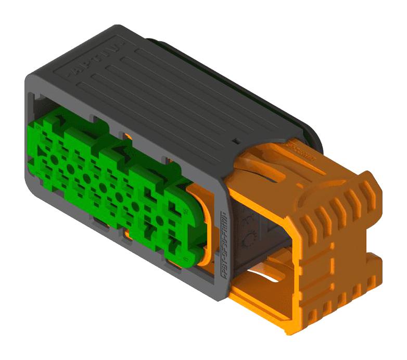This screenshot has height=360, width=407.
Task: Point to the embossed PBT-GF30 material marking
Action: (x=224, y=241)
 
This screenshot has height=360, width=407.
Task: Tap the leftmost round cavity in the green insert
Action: (x=53, y=159)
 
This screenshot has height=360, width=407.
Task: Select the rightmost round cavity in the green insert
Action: (x=160, y=221)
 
